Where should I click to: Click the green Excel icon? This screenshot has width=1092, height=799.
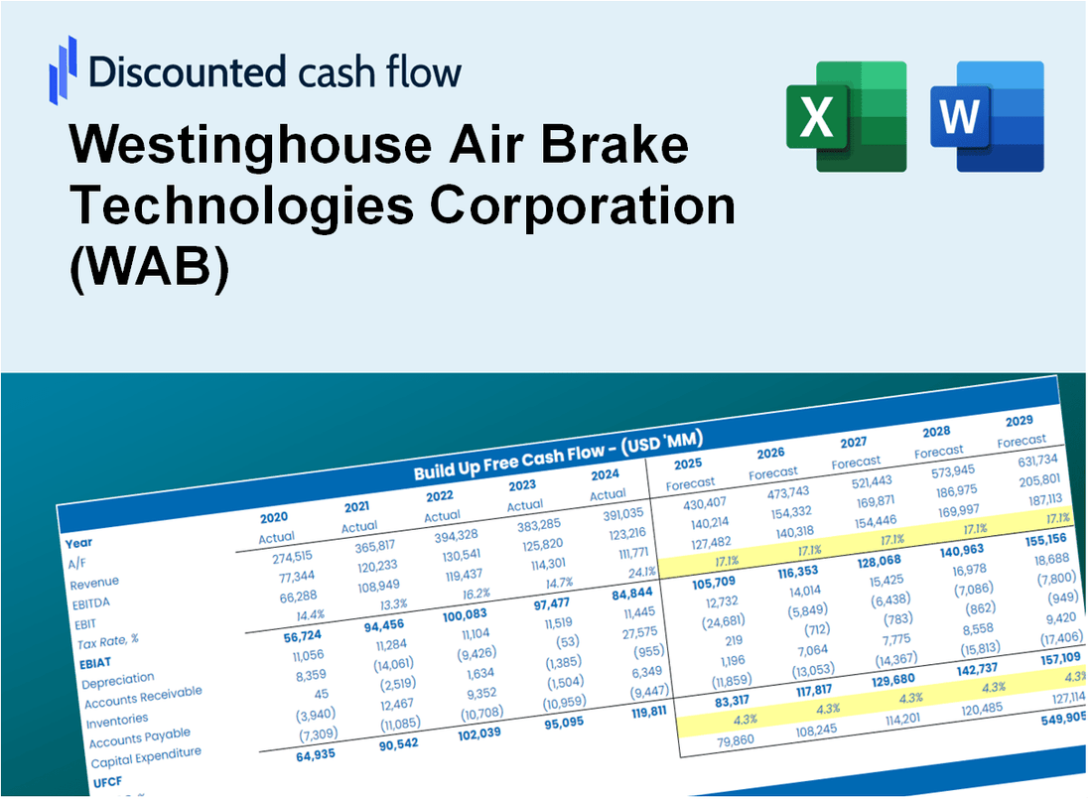click(x=846, y=117)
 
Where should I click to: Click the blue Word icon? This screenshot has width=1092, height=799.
click(x=987, y=117)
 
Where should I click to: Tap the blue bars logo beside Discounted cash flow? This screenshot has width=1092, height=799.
click(x=63, y=70)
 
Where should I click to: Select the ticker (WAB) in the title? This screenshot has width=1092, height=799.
click(x=149, y=268)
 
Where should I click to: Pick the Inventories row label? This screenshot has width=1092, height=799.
click(x=118, y=719)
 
